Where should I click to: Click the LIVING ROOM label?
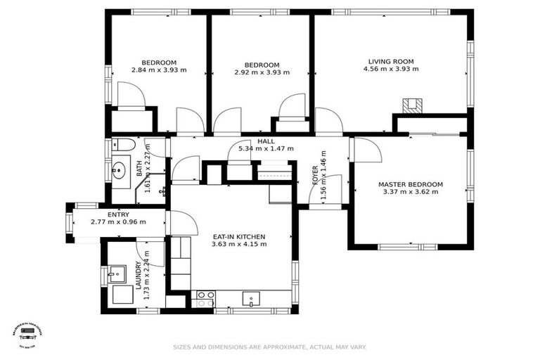390,61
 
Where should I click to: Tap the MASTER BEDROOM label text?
411,184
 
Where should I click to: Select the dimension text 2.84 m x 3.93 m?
159,70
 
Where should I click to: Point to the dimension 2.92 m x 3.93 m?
262,72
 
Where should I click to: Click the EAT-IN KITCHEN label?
239,237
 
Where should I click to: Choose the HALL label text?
266,141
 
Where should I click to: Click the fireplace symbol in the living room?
411,105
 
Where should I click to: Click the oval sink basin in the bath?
119,169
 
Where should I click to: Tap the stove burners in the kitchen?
205,299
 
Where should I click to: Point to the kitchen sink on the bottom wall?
252,300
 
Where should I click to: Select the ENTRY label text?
118,214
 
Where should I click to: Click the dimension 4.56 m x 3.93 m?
390,70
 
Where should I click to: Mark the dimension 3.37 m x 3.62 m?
411,192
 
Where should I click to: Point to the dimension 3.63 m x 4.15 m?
239,245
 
